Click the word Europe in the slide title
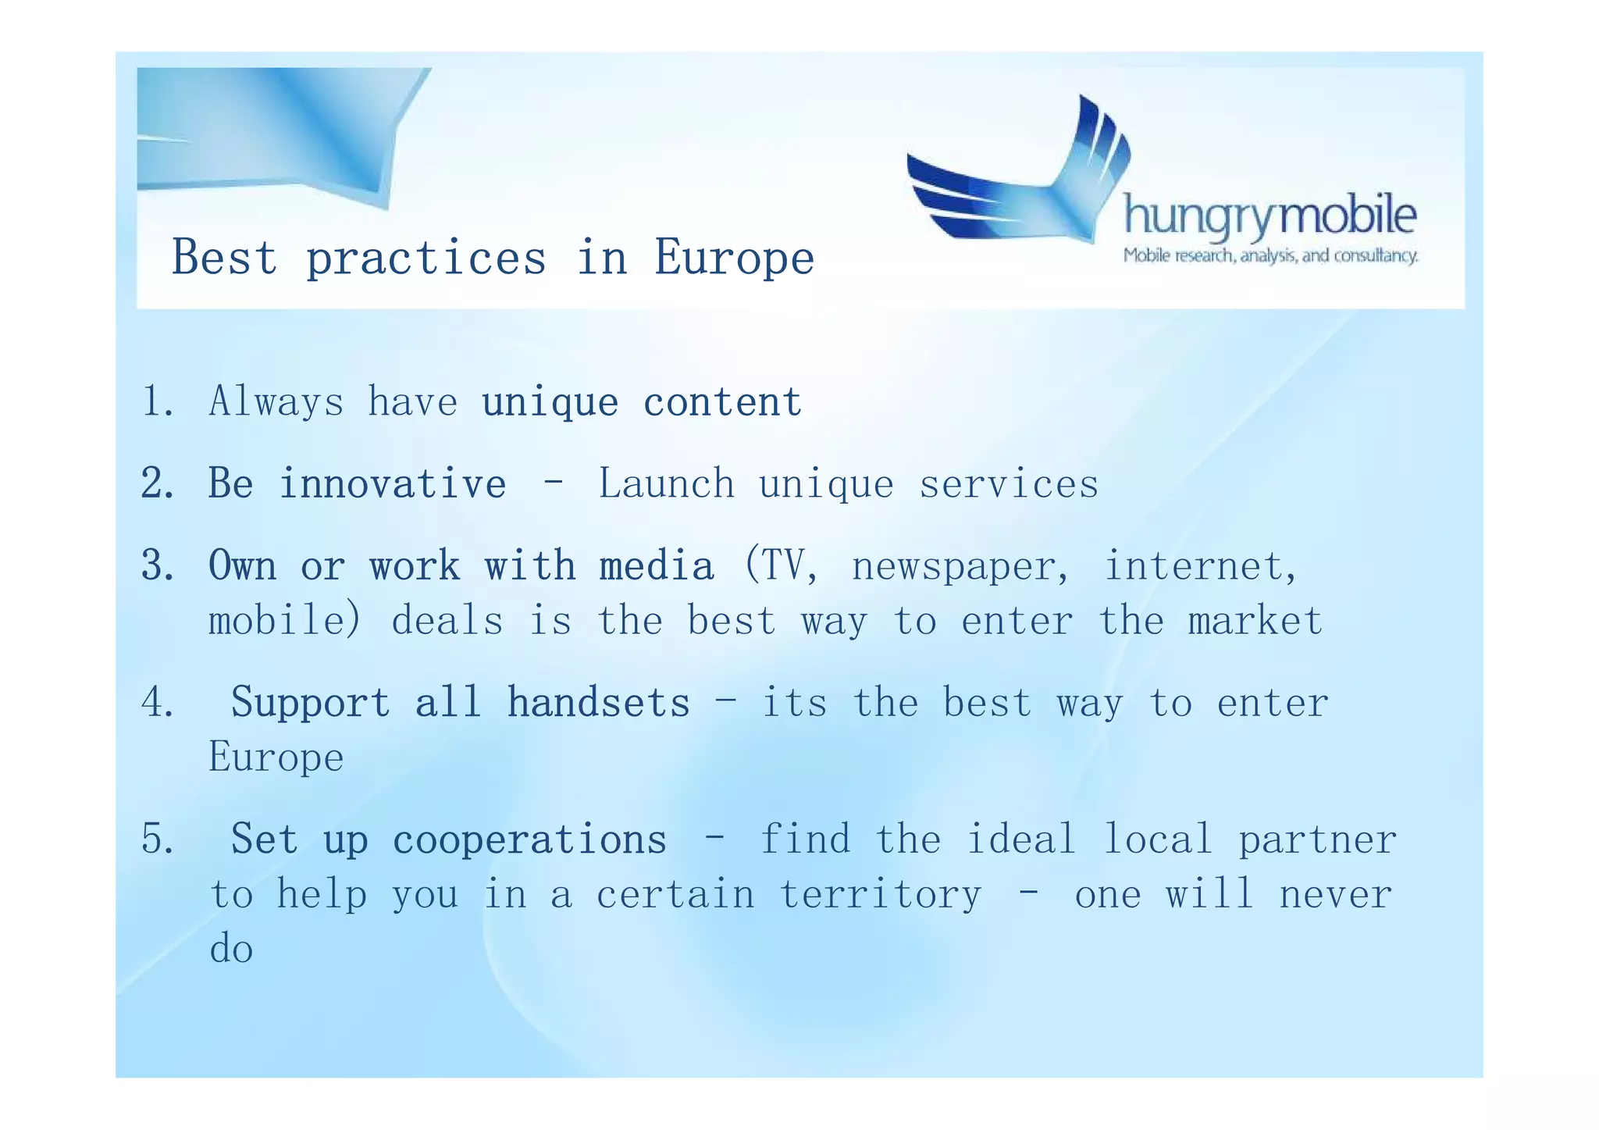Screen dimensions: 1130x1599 734,258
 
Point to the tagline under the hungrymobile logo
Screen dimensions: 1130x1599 1270,256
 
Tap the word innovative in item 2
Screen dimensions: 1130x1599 393,483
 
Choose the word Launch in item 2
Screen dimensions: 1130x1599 666,483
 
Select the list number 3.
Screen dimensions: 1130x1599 158,565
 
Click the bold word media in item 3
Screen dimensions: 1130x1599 657,565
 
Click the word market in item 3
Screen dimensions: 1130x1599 1255,622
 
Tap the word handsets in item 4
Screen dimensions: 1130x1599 598,702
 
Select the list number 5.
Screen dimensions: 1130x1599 158,839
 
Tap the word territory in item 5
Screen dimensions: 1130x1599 880,895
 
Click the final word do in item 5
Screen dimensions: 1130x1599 231,950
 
